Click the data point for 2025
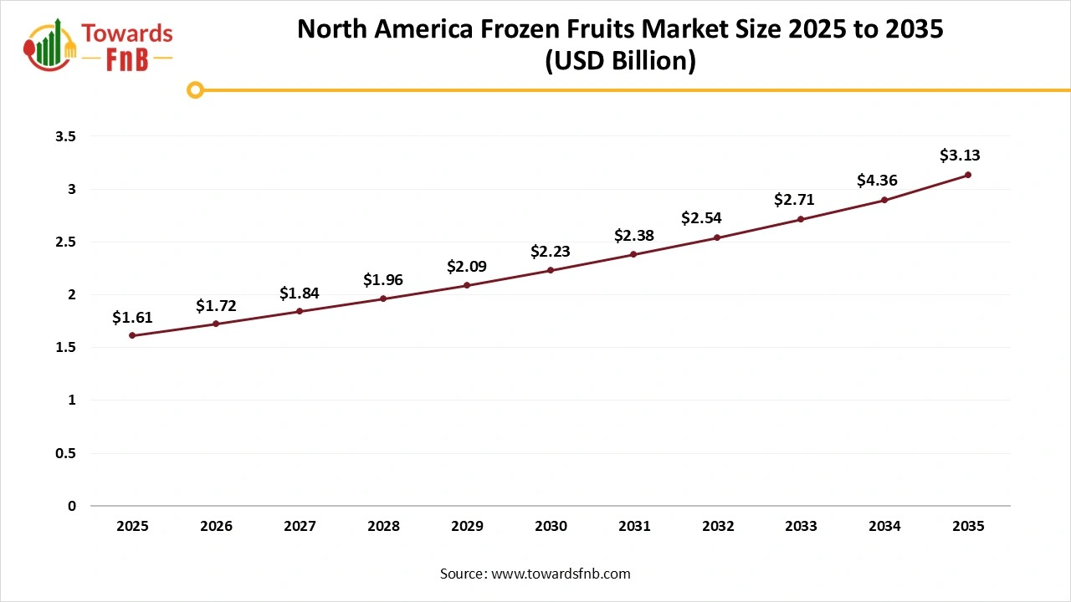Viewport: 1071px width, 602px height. click(x=132, y=335)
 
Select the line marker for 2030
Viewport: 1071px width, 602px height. click(x=551, y=270)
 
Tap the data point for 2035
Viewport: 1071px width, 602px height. click(x=968, y=175)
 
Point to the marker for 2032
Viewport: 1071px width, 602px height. click(x=718, y=237)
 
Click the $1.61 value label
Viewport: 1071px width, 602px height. click(x=132, y=318)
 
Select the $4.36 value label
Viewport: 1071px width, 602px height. click(x=877, y=180)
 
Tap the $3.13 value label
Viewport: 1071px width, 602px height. click(x=960, y=156)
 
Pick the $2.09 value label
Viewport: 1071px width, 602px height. click(x=466, y=267)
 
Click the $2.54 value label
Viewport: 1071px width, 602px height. click(x=700, y=218)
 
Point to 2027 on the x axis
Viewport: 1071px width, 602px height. click(x=300, y=527)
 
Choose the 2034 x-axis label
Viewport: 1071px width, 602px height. click(x=884, y=527)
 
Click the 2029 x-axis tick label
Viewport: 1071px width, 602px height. click(x=467, y=527)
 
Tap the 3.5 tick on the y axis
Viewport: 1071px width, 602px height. click(x=66, y=136)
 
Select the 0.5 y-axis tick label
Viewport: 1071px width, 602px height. click(x=66, y=453)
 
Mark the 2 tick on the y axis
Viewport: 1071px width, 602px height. click(x=72, y=294)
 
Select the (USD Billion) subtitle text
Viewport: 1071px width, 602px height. click(x=620, y=62)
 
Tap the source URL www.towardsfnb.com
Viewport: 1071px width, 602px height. click(x=560, y=574)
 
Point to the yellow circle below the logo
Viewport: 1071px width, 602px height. click(x=195, y=89)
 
